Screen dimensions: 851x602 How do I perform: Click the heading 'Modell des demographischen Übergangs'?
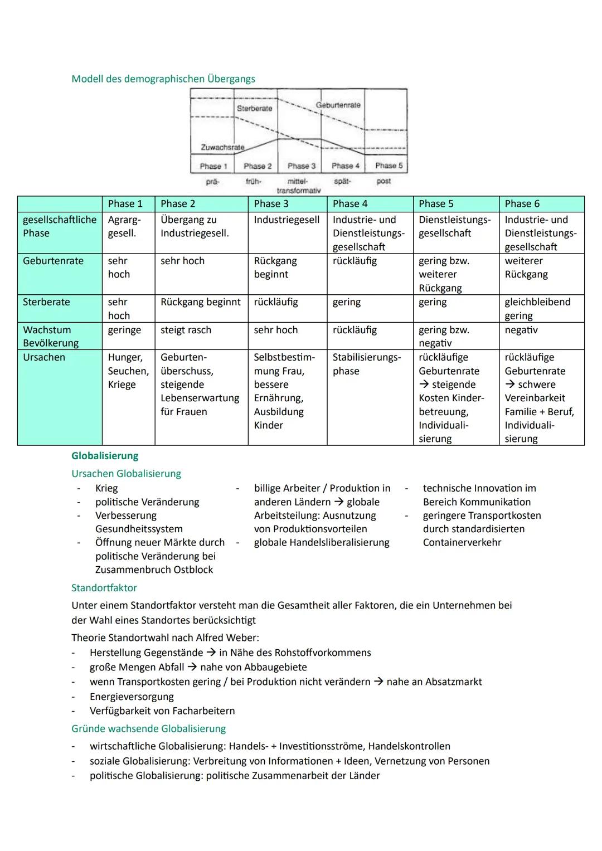[163, 79]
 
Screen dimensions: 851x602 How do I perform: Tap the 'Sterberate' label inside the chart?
[254, 108]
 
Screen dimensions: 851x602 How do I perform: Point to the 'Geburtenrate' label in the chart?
[338, 105]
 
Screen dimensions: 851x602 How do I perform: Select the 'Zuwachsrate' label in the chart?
[222, 147]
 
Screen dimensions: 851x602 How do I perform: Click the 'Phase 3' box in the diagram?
[301, 166]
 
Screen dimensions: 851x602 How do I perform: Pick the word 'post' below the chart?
[383, 181]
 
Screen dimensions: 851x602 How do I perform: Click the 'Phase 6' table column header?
[522, 204]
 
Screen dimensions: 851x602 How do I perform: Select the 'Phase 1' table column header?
[125, 204]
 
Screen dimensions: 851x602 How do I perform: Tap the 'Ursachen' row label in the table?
[44, 357]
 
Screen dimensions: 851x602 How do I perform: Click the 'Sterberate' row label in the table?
[46, 302]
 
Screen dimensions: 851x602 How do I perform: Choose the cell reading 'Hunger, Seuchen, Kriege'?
[128, 371]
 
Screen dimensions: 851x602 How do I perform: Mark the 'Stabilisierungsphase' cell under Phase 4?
[366, 364]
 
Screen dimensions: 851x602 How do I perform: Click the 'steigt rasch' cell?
[186, 330]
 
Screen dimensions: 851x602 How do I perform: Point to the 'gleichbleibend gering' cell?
[537, 309]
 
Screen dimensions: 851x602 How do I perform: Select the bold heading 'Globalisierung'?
[105, 456]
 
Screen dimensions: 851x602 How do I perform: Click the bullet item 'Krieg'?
[106, 488]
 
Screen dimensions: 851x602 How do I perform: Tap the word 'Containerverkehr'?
[462, 542]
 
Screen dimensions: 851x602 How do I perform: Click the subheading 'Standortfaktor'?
[104, 587]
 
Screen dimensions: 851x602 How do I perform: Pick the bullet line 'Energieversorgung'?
[132, 697]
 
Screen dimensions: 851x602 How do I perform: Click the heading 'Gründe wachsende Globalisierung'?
[148, 728]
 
